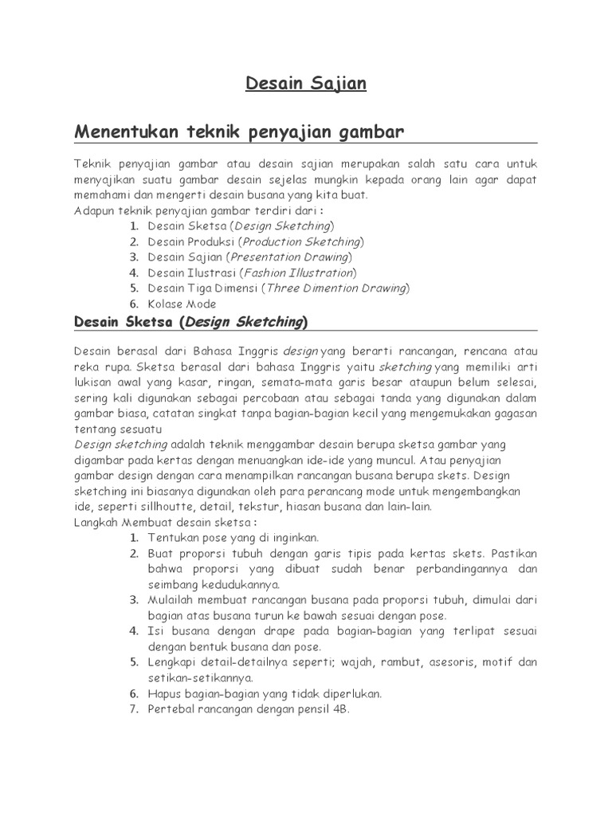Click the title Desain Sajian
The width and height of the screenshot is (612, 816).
[305, 84]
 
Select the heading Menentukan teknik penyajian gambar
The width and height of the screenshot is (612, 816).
[240, 131]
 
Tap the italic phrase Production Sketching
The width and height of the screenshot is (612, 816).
[300, 241]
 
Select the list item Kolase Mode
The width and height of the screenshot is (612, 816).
[182, 304]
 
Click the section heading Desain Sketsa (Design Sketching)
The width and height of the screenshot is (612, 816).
[190, 322]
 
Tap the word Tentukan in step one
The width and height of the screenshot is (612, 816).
[173, 538]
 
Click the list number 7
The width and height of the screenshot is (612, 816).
[135, 708]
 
